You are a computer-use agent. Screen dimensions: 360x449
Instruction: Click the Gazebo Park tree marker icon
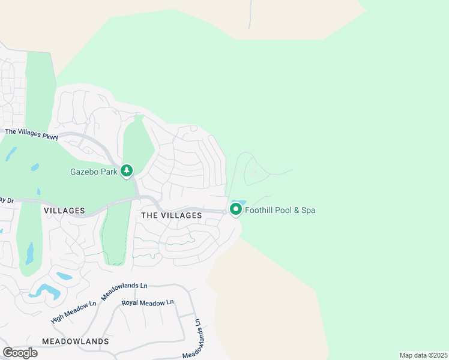coord(127,171)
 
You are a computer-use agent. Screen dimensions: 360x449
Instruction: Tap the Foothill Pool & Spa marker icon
coord(235,210)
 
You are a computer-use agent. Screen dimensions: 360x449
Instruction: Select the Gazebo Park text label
coord(92,171)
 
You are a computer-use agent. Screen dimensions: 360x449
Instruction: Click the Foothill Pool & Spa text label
coord(280,211)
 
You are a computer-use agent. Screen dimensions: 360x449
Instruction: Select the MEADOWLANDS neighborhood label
coord(76,341)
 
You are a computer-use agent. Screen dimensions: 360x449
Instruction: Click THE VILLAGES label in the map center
coord(171,215)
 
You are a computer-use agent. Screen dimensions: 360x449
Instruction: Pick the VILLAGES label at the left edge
coord(64,211)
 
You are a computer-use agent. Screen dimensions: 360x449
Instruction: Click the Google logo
coord(20,353)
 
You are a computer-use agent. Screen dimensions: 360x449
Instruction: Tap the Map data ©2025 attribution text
coord(423,355)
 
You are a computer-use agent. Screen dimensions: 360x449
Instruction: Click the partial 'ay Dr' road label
coord(7,199)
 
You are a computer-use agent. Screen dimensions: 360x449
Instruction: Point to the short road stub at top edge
coord(249,15)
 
